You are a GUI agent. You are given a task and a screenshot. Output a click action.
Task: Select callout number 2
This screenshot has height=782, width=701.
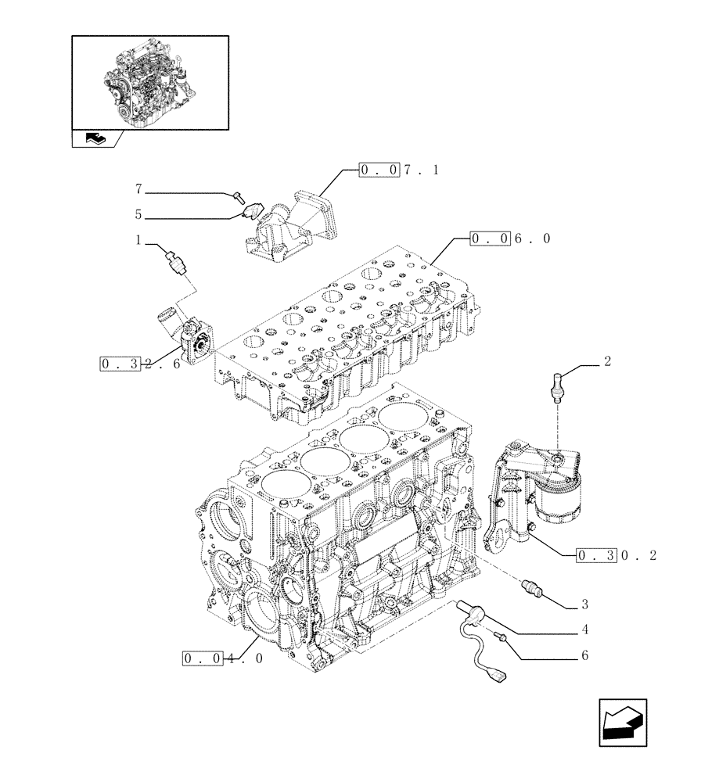607,362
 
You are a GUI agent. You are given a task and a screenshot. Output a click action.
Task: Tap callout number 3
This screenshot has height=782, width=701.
584,604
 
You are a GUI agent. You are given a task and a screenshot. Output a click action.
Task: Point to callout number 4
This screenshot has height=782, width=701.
584,630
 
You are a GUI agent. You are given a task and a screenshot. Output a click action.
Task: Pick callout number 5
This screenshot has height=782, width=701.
138,213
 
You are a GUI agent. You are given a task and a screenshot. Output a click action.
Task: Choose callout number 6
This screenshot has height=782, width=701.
584,655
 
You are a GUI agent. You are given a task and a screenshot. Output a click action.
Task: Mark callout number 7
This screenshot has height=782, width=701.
138,189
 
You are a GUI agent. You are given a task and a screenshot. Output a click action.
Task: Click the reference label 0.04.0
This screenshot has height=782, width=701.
223,658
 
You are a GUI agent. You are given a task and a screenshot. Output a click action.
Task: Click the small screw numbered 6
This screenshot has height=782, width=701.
501,640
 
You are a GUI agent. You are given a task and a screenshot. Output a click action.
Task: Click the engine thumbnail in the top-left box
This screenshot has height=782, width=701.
149,82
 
